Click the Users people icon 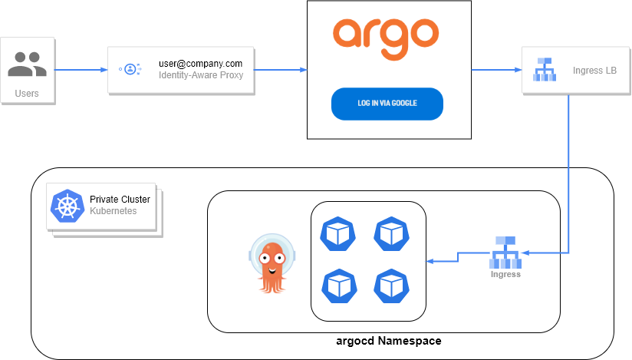pos(27,64)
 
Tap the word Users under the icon pos(27,94)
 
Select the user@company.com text pos(200,63)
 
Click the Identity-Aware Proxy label pos(200,75)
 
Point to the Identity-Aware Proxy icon pos(130,69)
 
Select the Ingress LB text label pos(594,71)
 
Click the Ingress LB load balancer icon pos(545,69)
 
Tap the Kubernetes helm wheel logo pos(67,206)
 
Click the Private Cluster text pos(120,199)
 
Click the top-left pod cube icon pos(337,233)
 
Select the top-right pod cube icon pos(390,233)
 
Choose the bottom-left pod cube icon pos(337,285)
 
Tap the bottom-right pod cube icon pos(390,285)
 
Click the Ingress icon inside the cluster pos(505,251)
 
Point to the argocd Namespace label pos(389,341)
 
